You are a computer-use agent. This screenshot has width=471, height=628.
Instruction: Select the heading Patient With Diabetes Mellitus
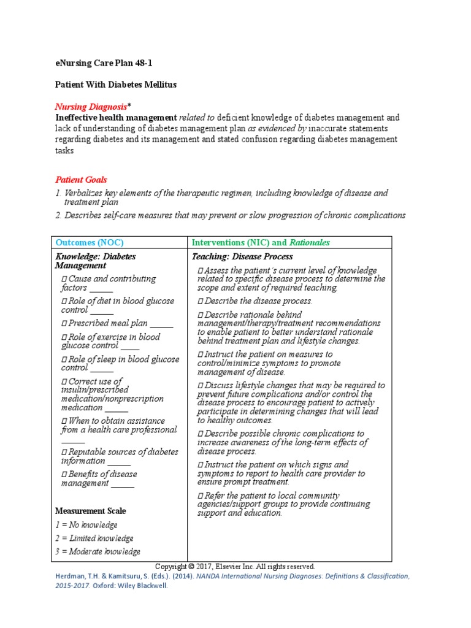point(116,85)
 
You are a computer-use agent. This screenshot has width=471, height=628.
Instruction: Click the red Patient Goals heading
point(81,180)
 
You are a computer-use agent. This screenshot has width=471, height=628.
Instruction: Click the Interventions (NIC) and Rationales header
point(261,242)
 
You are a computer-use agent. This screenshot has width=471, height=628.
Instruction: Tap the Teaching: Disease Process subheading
point(242,256)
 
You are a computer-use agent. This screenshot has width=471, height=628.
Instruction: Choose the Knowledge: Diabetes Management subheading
point(95,261)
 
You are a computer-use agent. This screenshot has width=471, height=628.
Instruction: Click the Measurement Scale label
point(90,511)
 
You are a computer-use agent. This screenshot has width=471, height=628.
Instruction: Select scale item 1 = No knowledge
point(86,525)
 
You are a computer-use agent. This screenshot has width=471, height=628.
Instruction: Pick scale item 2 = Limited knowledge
point(94,538)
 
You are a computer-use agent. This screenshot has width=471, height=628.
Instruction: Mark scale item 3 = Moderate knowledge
point(98,551)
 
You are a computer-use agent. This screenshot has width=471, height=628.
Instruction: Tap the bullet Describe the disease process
point(255,301)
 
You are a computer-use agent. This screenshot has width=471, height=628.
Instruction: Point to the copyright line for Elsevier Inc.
point(235,567)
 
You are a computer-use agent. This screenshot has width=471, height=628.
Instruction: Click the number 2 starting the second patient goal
point(58,215)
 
